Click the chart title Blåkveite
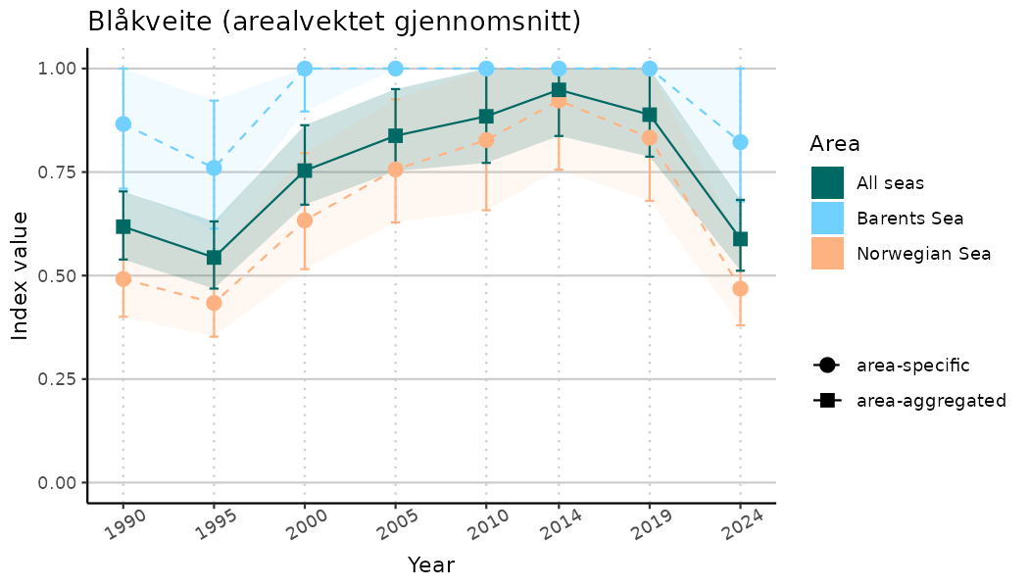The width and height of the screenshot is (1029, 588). coord(333,22)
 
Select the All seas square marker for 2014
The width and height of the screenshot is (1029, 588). coord(559,90)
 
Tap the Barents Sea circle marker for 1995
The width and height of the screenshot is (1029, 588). coord(214,168)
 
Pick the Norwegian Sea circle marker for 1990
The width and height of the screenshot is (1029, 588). coord(123,279)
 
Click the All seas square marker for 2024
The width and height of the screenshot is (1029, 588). coord(740,238)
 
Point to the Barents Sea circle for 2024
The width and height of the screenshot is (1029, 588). coord(740,142)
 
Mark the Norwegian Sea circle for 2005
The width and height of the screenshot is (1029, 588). coord(396,170)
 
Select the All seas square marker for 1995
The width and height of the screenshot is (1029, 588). coord(214,258)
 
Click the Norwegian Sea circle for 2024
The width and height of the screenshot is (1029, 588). coord(740,288)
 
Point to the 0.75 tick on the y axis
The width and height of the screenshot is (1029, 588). coord(58,172)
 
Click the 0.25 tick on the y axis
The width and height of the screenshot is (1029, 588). coord(58,379)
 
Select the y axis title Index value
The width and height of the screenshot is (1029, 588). coord(20,275)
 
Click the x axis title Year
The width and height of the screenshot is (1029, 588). coord(431,565)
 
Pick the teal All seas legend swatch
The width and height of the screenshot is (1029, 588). coord(827,182)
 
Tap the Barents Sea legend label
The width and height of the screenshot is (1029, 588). coord(909,218)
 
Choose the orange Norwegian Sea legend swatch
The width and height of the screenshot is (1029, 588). coord(827,253)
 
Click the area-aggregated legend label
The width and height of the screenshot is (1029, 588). coord(931,400)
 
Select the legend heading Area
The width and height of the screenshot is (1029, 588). coord(835,144)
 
